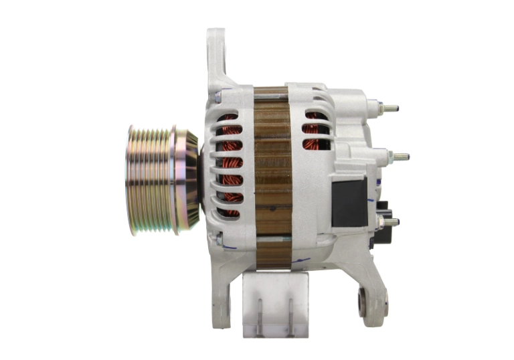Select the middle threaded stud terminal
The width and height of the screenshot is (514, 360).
click(400, 157)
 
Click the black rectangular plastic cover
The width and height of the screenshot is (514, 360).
click(349, 201)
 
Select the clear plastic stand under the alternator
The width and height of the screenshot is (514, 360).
click(275, 305)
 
